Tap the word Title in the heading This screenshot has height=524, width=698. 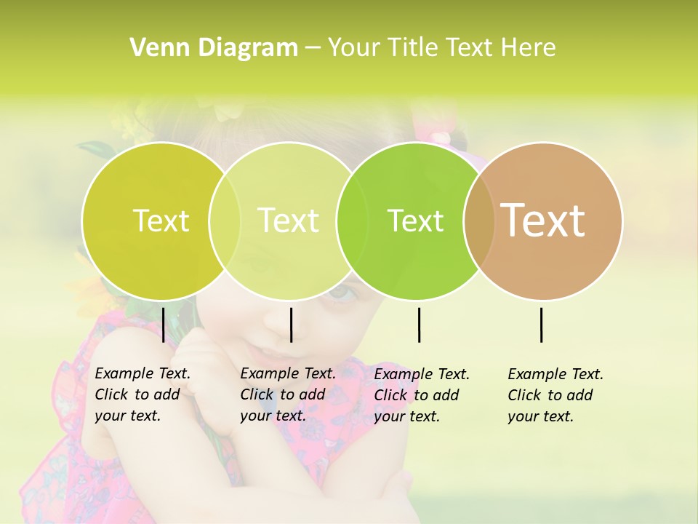(412, 47)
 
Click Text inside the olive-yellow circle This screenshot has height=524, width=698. (161, 221)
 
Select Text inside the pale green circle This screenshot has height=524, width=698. (289, 221)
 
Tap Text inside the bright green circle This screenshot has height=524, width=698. (415, 221)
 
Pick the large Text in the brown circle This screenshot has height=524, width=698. (543, 220)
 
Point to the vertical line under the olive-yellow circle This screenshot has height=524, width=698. (163, 325)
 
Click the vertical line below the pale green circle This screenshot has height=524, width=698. (291, 325)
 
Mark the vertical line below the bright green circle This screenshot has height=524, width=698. (419, 325)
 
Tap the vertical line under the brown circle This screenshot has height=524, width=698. (541, 325)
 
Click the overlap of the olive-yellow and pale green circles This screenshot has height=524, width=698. (225, 221)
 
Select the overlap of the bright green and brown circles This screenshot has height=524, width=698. (479, 221)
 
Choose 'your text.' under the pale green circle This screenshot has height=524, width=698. (273, 416)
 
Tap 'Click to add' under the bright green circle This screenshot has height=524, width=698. (417, 394)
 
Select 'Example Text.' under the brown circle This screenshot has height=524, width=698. (555, 374)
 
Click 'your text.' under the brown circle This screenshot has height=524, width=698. (540, 416)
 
